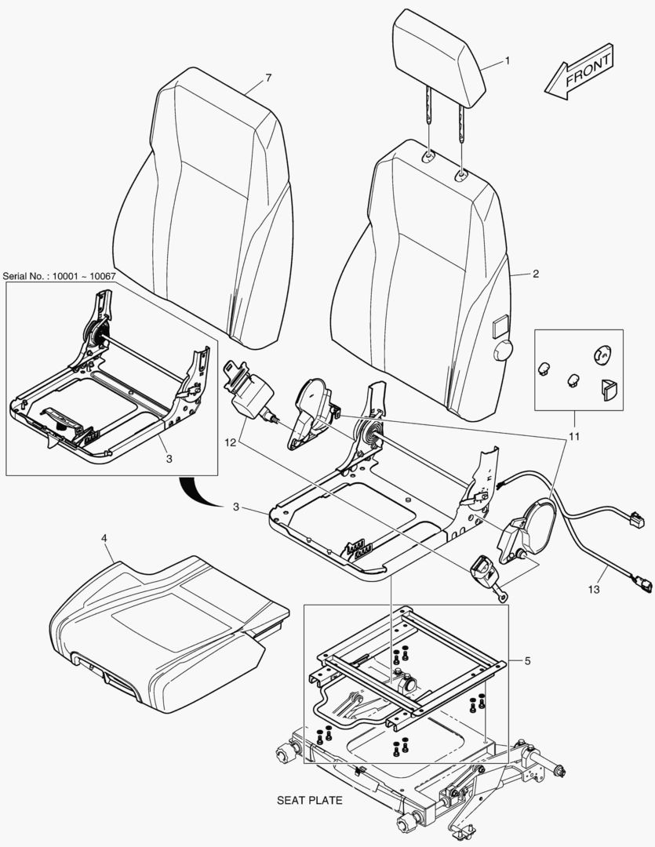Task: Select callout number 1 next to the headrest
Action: (x=507, y=60)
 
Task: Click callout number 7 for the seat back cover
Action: (x=268, y=78)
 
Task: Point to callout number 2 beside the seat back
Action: (x=535, y=274)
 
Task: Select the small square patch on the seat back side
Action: (x=499, y=322)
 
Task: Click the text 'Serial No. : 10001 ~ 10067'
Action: (x=60, y=276)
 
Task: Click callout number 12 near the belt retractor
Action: (x=229, y=443)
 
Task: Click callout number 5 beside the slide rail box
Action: (x=527, y=661)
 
